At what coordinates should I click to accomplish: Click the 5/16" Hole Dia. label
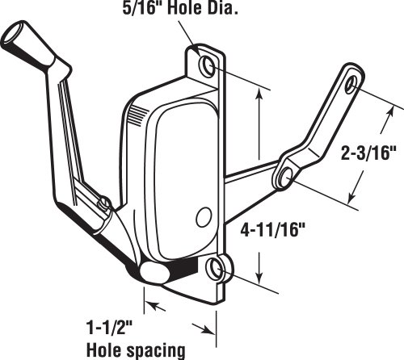[180, 8]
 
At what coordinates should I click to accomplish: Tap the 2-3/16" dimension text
[369, 153]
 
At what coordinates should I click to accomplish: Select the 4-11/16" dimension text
[273, 230]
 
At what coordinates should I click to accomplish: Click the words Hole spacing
[136, 350]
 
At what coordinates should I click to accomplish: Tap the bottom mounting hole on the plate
[215, 269]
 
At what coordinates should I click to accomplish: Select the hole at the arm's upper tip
[351, 85]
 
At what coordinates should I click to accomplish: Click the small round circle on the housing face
[204, 218]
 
